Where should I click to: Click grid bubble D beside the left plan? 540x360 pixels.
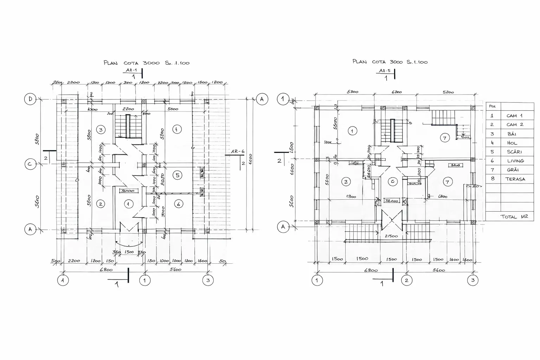(x=30, y=99)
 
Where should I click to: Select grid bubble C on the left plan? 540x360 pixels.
(x=30, y=164)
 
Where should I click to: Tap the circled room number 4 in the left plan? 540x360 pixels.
(x=177, y=129)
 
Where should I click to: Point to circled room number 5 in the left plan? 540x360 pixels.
(x=178, y=175)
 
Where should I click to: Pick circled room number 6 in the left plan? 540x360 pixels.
(x=178, y=204)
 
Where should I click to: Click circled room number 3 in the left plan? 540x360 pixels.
(x=101, y=130)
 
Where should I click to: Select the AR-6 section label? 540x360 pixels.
(x=238, y=152)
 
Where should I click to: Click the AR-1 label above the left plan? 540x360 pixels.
(x=131, y=70)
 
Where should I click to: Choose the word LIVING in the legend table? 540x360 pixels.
(x=515, y=161)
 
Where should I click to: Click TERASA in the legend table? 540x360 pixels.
(x=515, y=179)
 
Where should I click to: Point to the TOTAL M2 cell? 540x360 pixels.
(x=514, y=217)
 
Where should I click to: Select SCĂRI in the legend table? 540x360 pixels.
(x=514, y=152)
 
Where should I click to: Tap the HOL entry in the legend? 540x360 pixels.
(x=512, y=143)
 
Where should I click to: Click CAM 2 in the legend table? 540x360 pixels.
(x=515, y=124)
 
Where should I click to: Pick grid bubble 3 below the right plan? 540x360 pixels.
(x=473, y=280)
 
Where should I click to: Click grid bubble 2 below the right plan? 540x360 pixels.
(x=407, y=280)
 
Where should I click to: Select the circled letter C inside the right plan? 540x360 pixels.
(x=393, y=181)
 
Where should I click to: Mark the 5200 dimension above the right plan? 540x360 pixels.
(x=448, y=92)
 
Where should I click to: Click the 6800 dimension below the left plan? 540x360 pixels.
(x=106, y=270)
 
